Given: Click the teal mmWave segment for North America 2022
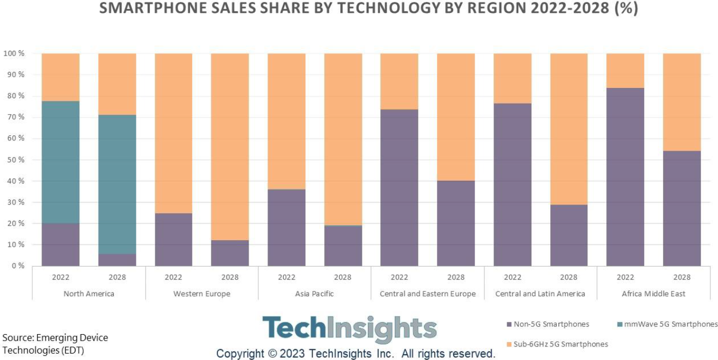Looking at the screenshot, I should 60,162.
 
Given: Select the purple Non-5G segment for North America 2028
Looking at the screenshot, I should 117,260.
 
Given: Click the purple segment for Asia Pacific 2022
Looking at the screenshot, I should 286,227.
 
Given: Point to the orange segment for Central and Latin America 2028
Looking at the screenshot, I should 569,129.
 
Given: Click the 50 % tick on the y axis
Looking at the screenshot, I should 14,160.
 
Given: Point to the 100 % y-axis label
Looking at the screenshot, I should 14,53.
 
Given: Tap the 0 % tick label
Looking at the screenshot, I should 18,266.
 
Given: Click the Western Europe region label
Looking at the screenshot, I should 202,294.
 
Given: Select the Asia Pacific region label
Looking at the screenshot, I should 314,294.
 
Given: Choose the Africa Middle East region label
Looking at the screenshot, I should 653,294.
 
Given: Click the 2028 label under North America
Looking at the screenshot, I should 117,277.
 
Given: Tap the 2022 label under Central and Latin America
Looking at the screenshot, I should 512,277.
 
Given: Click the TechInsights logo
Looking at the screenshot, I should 349,329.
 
